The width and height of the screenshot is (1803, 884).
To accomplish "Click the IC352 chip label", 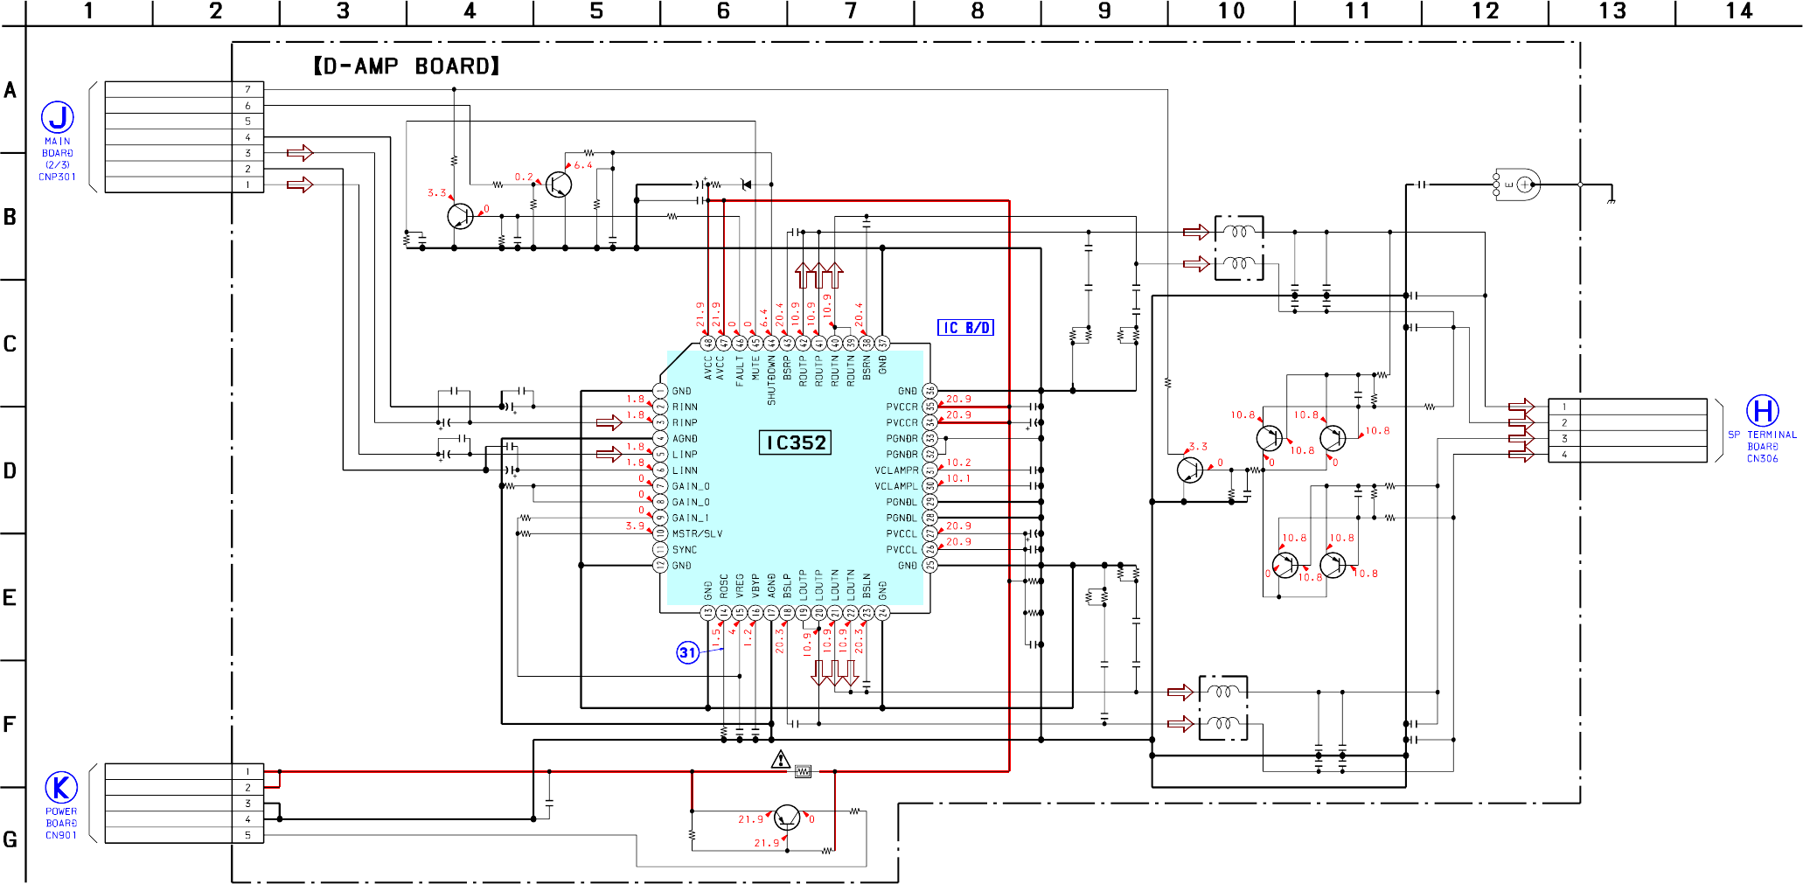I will [795, 442].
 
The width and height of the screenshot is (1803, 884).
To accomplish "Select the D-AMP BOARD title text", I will [407, 66].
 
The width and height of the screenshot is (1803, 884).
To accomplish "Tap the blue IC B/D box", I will [965, 328].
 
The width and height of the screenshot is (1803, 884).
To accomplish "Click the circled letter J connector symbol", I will [58, 117].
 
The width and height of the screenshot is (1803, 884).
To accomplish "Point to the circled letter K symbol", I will [61, 788].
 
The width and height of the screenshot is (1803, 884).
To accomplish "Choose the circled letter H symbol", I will [1762, 411].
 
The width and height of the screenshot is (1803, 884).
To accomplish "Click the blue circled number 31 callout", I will [688, 652].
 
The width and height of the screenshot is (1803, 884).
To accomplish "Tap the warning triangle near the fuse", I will [781, 759].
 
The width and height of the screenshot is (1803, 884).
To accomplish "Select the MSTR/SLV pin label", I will [697, 534].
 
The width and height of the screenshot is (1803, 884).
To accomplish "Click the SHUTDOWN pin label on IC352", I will [771, 379].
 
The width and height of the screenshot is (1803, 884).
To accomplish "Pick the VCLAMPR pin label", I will [896, 470].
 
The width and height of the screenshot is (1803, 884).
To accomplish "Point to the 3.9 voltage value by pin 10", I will [634, 526].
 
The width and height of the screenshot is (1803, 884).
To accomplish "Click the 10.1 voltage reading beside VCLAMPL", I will [958, 478].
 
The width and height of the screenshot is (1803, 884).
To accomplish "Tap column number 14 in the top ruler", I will [1738, 11].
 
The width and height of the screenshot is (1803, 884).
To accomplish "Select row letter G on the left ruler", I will [10, 839].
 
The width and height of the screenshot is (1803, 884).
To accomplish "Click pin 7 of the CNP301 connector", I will [247, 89].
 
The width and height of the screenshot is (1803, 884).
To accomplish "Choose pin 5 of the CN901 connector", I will [247, 835].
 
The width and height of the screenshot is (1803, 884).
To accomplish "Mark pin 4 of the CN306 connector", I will [1564, 455].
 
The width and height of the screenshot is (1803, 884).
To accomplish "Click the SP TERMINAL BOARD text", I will [1762, 435].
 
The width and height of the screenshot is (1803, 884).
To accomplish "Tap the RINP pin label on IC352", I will [685, 423].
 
